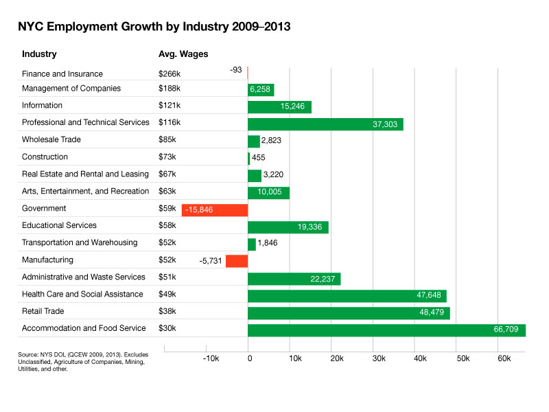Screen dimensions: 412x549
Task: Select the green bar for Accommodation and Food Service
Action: tap(386, 330)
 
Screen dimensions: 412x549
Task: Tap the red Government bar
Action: tap(214, 210)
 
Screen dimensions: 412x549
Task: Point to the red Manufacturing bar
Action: tap(236, 261)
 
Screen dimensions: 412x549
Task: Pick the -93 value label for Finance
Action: tap(237, 70)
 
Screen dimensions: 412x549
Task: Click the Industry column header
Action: tap(39, 54)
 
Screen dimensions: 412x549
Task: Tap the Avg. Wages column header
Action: tap(183, 54)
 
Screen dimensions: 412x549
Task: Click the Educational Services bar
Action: tap(288, 227)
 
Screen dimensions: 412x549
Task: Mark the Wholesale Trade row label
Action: tap(51, 140)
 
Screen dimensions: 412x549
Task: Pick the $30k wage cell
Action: tap(167, 329)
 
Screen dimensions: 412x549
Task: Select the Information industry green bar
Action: tap(279, 107)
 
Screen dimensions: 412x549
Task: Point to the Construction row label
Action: tap(45, 157)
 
